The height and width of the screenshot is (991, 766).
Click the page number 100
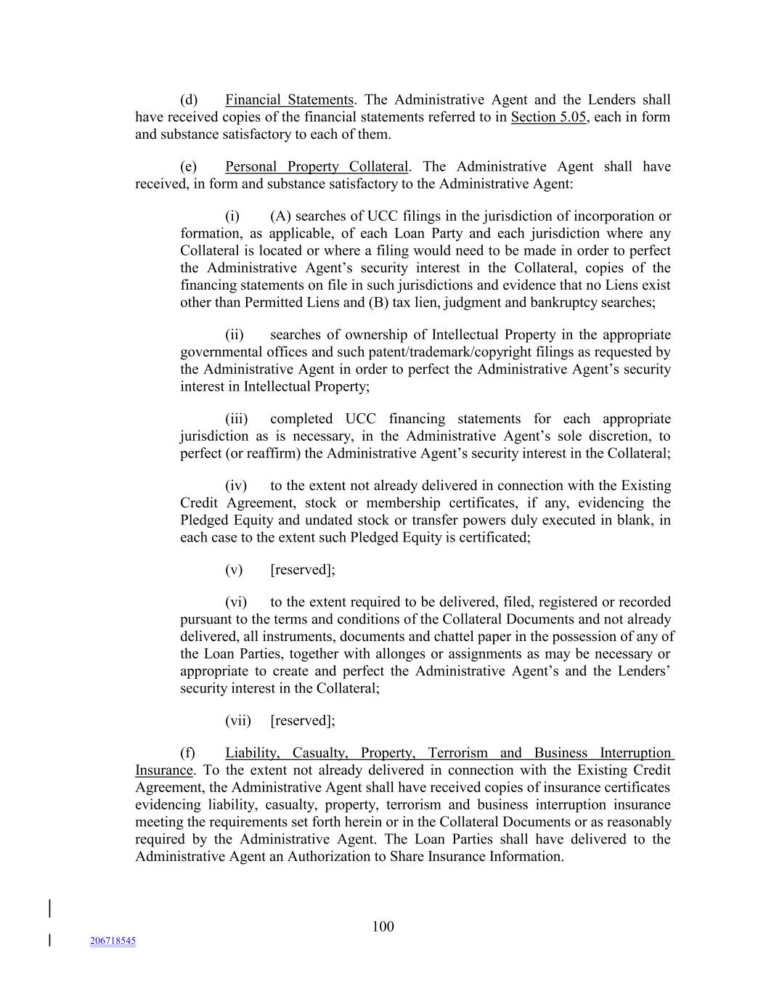pos(383,926)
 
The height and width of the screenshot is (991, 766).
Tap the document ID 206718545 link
pos(113,941)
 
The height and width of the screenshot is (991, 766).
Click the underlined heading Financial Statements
pos(289,100)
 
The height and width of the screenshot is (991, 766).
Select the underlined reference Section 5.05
pos(548,118)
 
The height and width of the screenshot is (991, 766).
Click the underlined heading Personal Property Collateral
pos(317,167)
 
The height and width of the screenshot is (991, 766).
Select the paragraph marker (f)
pos(188,753)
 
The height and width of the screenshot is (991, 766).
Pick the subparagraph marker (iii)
pos(236,419)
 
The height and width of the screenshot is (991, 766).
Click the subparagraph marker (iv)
pos(236,486)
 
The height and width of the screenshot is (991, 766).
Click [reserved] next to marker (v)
pos(302,570)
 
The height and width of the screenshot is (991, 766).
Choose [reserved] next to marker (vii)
pos(302,721)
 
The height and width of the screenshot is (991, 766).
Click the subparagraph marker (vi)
pos(236,602)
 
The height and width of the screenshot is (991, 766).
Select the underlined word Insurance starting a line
pos(164,770)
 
